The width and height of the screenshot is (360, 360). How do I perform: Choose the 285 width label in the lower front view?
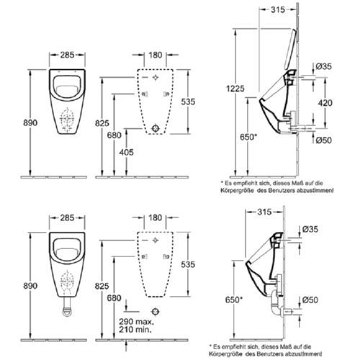point(68,215)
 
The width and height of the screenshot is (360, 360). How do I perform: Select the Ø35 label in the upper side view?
point(325,67)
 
